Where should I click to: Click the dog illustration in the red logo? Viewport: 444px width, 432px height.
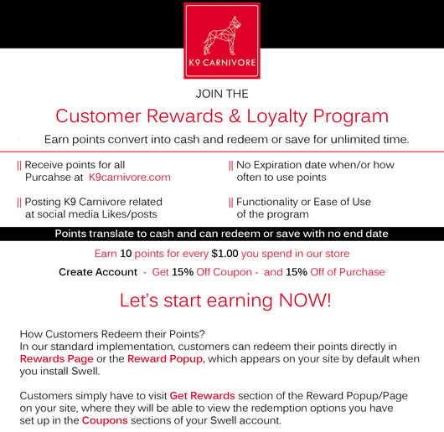pos(222,36)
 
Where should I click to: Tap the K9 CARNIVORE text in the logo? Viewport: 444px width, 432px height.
pos(222,63)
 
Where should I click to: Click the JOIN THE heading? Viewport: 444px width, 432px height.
pos(222,94)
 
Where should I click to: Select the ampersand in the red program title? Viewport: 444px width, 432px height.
pos(235,116)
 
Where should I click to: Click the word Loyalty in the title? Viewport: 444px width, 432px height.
pos(277,116)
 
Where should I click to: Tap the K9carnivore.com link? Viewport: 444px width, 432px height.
pos(130,177)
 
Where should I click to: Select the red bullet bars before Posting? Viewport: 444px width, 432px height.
pos(19,203)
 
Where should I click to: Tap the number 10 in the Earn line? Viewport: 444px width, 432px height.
pos(126,254)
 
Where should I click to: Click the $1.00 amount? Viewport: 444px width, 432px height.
pos(225,254)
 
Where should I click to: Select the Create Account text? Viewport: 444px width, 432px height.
pos(98,272)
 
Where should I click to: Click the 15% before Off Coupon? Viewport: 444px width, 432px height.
pos(183,272)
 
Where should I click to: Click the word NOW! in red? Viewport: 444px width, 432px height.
pos(305,301)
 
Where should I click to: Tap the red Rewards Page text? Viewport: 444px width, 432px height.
pos(57,359)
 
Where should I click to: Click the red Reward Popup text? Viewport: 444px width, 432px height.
pos(166,359)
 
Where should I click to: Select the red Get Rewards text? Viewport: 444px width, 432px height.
pos(202,396)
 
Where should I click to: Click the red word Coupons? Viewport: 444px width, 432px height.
pos(105,420)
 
